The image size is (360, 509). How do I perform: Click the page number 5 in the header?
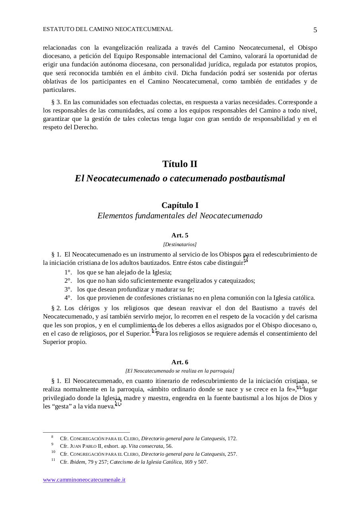tap(315, 30)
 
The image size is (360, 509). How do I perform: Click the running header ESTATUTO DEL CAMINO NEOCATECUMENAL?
tap(107, 29)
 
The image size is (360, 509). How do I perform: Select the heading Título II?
tap(180, 164)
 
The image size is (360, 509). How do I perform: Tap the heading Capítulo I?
tap(180, 205)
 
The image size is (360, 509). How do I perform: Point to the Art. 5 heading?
tap(180, 235)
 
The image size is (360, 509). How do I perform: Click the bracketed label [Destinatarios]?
tap(180, 244)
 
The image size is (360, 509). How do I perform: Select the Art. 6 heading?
tap(180, 362)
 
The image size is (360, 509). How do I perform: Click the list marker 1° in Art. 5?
tap(68, 272)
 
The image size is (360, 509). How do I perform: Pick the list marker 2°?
tap(68, 281)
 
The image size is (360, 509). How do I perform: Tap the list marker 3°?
tap(68, 289)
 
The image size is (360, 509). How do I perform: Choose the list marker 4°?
tap(68, 298)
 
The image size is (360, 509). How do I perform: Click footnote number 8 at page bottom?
tap(52, 437)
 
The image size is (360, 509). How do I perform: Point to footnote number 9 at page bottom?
tap(52, 445)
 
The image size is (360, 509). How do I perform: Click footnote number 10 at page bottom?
tap(53, 452)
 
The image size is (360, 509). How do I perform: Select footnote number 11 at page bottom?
tap(53, 460)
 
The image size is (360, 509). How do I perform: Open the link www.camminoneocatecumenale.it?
tap(84, 480)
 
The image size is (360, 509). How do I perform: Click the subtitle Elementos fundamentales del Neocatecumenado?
tap(180, 216)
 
